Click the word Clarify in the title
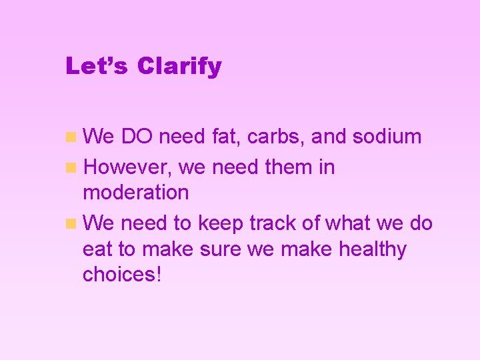tap(179, 67)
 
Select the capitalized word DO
tap(137, 137)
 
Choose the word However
tap(129, 167)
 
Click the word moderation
tap(136, 193)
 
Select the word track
tap(273, 223)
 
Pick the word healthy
tap(373, 249)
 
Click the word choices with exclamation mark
tap(122, 274)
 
